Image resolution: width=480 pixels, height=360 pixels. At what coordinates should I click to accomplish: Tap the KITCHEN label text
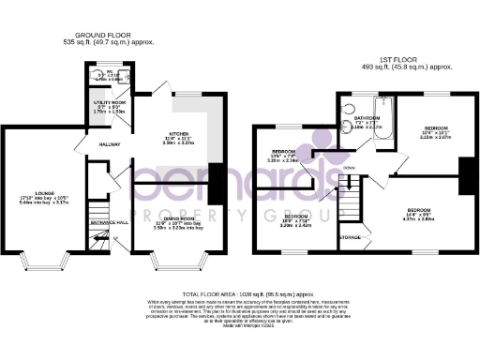click(179, 133)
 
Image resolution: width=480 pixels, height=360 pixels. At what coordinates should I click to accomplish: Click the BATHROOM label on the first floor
click(367, 118)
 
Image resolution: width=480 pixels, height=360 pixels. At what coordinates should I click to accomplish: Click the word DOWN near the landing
click(349, 168)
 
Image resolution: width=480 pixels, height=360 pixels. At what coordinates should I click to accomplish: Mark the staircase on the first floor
click(350, 197)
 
